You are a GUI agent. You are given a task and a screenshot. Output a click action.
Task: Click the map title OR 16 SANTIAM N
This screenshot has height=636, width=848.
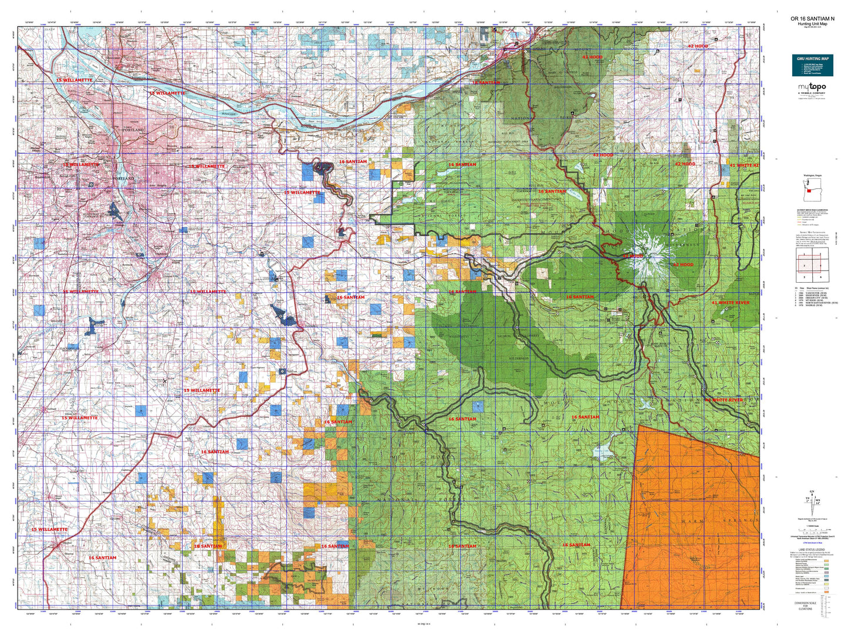click(x=812, y=19)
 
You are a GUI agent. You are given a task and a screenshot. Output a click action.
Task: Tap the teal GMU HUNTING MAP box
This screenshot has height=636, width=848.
click(x=812, y=65)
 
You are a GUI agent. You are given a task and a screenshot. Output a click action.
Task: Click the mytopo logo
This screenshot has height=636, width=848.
click(x=812, y=88)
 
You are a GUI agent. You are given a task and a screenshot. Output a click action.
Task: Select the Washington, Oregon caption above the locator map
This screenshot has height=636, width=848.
click(x=812, y=175)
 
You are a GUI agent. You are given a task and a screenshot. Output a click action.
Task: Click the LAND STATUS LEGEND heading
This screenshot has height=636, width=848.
click(x=812, y=550)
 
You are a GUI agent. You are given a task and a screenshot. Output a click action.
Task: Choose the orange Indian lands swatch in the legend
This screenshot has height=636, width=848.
click(x=827, y=592)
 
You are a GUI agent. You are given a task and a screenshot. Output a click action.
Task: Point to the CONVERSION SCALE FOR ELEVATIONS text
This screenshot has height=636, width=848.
click(x=805, y=605)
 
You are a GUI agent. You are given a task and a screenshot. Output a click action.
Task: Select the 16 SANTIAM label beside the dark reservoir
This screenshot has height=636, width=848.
click(x=353, y=161)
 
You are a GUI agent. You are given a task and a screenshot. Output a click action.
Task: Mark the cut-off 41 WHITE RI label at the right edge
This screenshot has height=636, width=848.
click(x=744, y=165)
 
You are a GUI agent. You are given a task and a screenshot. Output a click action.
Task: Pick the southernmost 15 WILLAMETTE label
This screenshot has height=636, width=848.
click(x=49, y=529)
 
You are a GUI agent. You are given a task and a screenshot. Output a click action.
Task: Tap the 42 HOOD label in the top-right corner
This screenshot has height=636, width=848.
click(x=698, y=46)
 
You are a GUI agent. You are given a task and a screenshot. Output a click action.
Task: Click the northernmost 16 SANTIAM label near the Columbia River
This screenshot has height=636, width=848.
click(x=486, y=83)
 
